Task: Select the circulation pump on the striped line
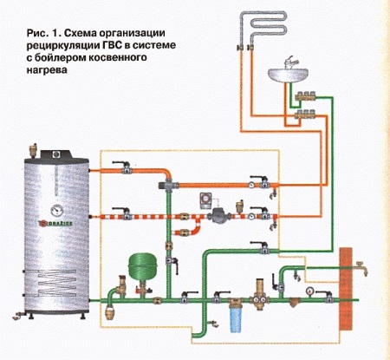pyautogui.click(x=219, y=215)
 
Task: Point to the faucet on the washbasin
pyautogui.click(x=289, y=62)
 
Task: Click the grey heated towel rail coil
pyautogui.click(x=263, y=29)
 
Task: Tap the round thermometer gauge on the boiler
pyautogui.click(x=57, y=210)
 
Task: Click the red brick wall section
pyautogui.click(x=346, y=289)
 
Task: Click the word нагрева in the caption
pyautogui.click(x=47, y=70)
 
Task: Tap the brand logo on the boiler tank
pyautogui.click(x=55, y=223)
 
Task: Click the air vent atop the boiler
pyautogui.click(x=33, y=150)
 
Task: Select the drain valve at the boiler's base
pyautogui.click(x=19, y=316)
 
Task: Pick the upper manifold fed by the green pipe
pyautogui.click(x=305, y=96)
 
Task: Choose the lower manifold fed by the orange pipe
pyautogui.click(x=305, y=115)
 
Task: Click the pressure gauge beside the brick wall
pyautogui.click(x=310, y=291)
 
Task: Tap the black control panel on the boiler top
pyautogui.click(x=55, y=154)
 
